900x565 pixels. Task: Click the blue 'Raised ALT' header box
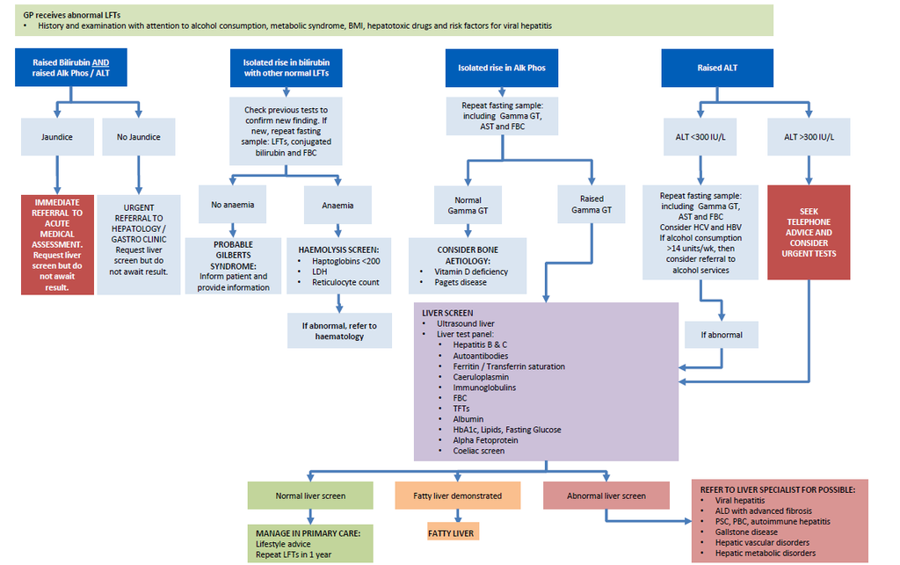718,68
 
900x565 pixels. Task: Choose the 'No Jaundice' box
138,137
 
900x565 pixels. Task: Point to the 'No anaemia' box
232,205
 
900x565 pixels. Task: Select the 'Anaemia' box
338,205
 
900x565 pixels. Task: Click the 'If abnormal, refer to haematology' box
338,330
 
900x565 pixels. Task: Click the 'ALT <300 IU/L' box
699,137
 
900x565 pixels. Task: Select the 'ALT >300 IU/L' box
809,137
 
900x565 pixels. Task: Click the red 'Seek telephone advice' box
809,232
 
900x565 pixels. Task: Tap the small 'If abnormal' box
721,335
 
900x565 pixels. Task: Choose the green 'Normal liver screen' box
310,496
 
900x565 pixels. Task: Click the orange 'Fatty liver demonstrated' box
458,496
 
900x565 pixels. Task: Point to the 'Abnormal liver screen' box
606,496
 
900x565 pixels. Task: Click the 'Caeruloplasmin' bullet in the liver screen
480,377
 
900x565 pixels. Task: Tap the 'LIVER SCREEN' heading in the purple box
447,313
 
